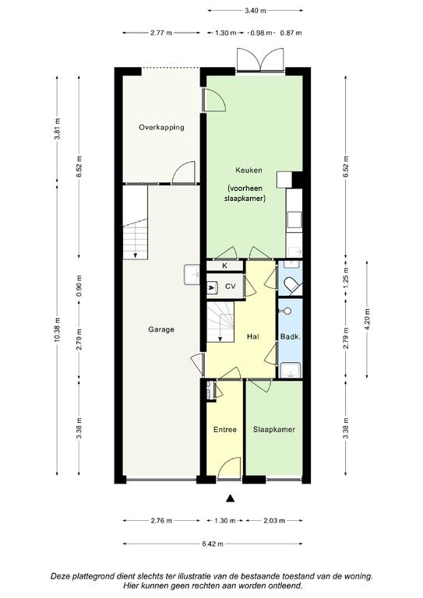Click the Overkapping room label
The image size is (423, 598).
(161, 128)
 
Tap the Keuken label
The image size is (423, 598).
(249, 170)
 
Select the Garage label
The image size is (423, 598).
(161, 329)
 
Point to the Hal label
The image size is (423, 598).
(253, 336)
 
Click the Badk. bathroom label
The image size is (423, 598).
(291, 336)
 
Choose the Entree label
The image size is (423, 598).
(225, 430)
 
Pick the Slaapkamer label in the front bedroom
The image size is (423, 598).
(274, 430)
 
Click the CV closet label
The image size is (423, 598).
(231, 286)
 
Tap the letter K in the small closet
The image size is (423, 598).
(224, 266)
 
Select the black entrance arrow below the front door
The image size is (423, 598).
(230, 498)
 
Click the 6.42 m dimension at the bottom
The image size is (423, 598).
(213, 543)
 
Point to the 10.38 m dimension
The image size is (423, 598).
(57, 329)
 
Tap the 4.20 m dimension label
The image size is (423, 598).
(368, 318)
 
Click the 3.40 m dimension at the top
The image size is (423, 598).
(256, 11)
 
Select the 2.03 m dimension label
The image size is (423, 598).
(274, 520)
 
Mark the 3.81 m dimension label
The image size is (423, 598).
(57, 129)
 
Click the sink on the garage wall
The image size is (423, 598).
(192, 275)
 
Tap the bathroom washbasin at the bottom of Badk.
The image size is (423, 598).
(291, 370)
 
